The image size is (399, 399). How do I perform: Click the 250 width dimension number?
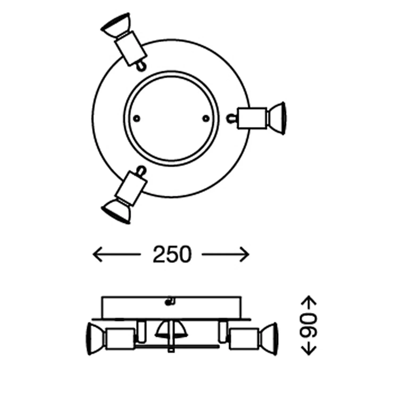pos(172,255)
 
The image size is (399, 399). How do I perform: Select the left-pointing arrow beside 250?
pos(117,255)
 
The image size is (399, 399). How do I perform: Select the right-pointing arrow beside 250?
pos(225,255)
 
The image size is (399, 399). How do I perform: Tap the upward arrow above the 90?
pos(309,303)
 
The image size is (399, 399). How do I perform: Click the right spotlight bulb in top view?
pos(277,118)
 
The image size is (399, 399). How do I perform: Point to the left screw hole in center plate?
pos(137,118)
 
